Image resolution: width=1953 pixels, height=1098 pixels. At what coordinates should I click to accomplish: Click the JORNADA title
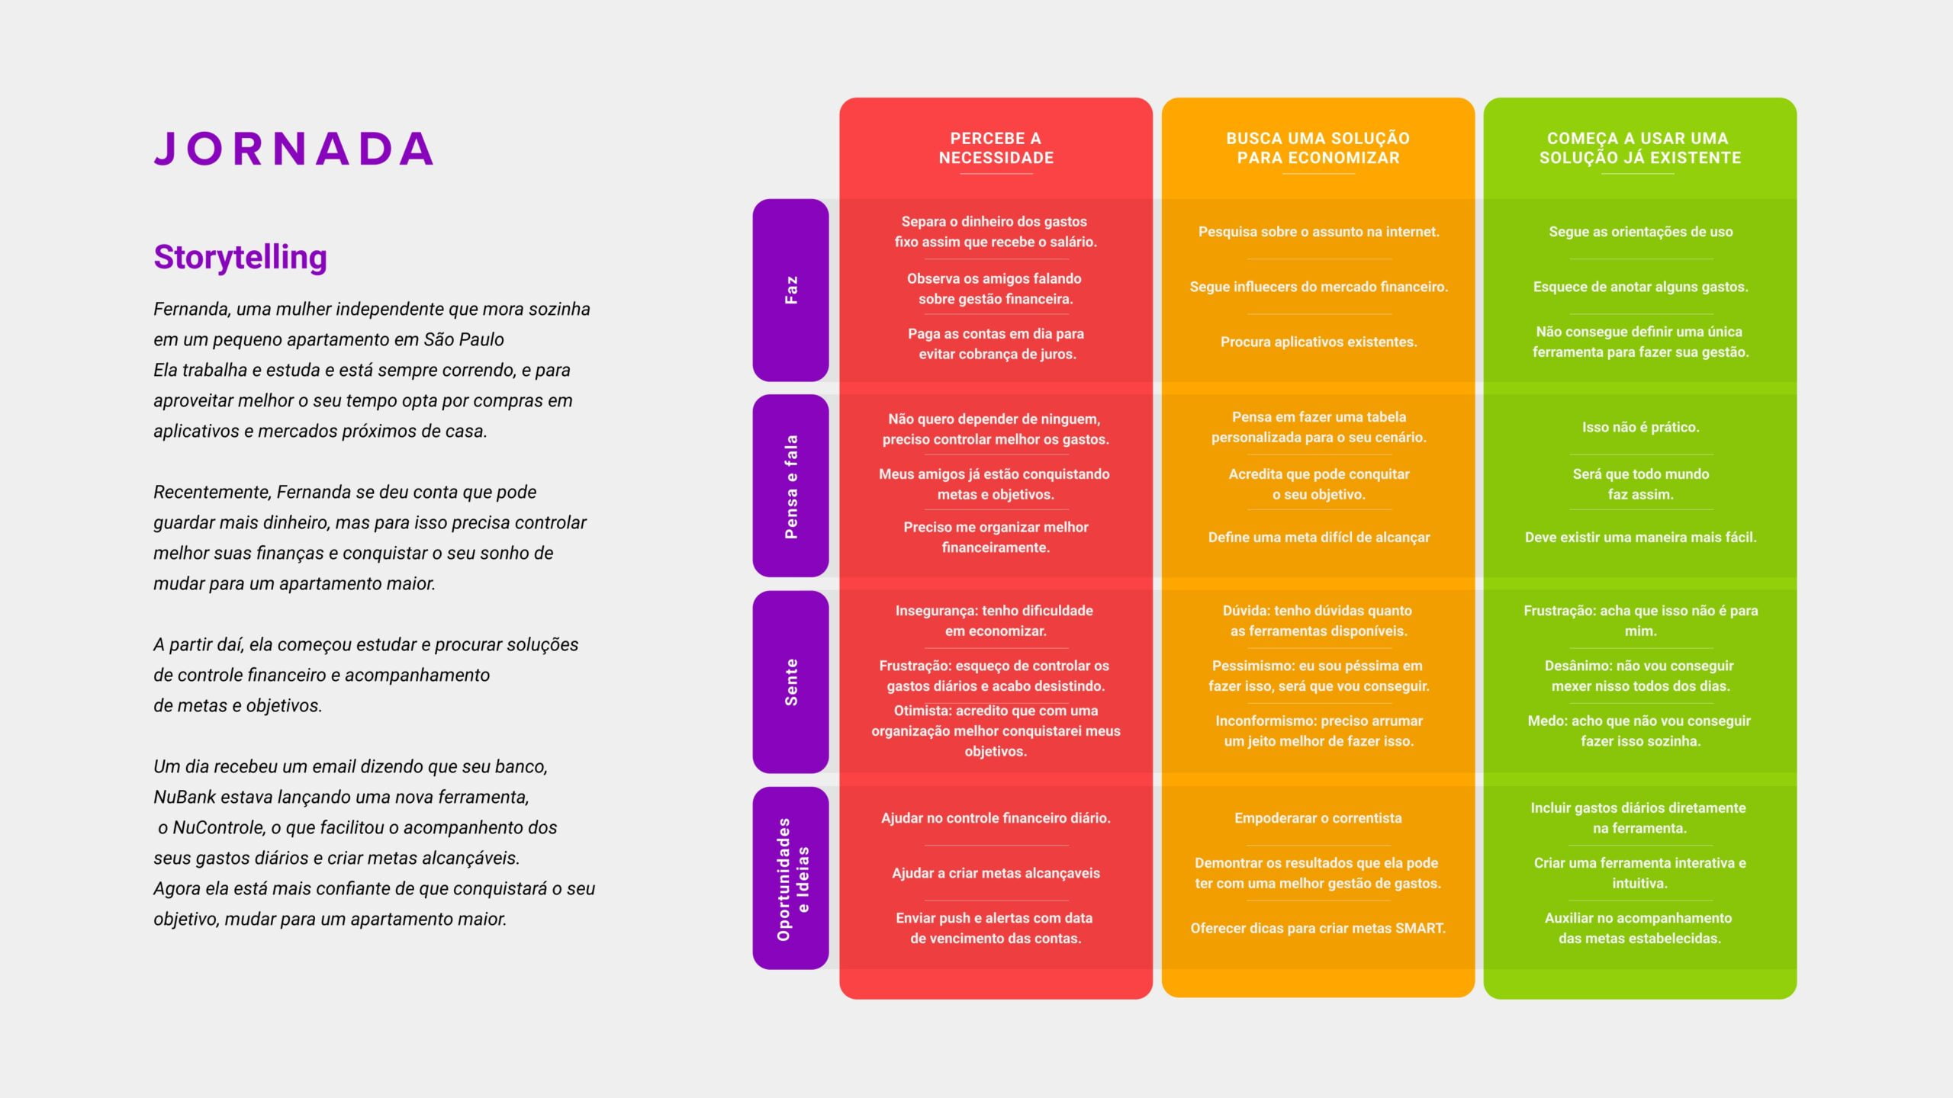[x=294, y=149]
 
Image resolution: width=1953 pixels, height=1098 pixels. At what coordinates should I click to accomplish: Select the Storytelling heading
[x=240, y=257]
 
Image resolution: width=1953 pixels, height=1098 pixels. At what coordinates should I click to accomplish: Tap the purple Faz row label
[x=790, y=290]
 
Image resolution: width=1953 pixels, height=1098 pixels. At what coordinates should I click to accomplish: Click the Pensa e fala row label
[x=790, y=486]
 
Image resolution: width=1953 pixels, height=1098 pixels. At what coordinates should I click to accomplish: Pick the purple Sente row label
[x=790, y=682]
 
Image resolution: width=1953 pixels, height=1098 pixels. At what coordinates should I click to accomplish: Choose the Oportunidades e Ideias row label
[x=790, y=878]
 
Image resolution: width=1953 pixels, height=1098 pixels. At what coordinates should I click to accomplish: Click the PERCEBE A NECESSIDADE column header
[x=996, y=148]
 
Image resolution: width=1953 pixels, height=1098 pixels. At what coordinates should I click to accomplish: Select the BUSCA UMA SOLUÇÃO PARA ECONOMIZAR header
[x=1318, y=148]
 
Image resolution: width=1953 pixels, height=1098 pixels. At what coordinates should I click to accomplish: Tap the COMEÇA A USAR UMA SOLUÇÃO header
[x=1640, y=148]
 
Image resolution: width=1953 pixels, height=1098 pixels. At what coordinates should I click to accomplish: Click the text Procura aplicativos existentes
[x=1318, y=342]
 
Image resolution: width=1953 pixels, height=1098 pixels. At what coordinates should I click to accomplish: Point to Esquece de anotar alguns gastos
[x=1640, y=287]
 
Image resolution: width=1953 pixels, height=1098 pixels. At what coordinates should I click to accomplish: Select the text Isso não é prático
[x=1640, y=427]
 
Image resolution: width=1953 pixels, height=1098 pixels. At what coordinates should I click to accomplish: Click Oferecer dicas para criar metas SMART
[x=1318, y=928]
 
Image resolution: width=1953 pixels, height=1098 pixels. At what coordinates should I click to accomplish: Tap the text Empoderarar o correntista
[x=1318, y=818]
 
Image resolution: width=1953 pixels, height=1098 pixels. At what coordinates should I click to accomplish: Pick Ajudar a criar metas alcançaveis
[x=996, y=873]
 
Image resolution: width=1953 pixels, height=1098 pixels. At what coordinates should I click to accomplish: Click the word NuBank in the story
[x=184, y=797]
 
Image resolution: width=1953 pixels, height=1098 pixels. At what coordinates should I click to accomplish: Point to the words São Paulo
[x=464, y=339]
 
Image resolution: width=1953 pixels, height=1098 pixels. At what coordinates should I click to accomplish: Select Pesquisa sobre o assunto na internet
[x=1318, y=232]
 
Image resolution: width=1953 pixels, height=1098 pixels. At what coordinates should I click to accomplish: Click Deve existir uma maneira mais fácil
[x=1640, y=538]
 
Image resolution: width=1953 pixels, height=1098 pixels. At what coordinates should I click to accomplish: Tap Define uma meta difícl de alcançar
[x=1318, y=538]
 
